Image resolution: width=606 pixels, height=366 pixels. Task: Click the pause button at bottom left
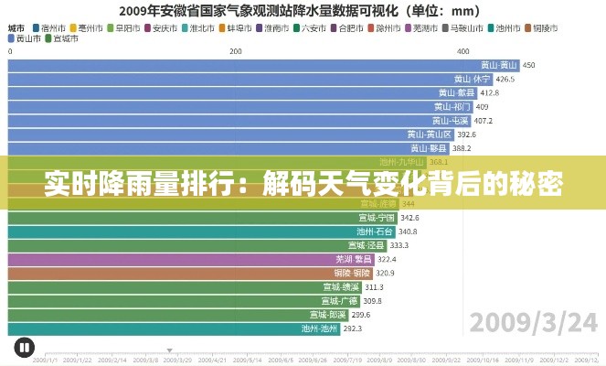tap(24, 347)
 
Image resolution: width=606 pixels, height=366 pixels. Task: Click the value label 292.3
tap(353, 328)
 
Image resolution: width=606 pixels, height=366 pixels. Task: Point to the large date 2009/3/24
tap(531, 322)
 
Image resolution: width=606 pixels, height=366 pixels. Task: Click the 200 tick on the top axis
tap(236, 51)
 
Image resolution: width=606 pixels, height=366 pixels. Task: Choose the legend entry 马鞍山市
tap(464, 27)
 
